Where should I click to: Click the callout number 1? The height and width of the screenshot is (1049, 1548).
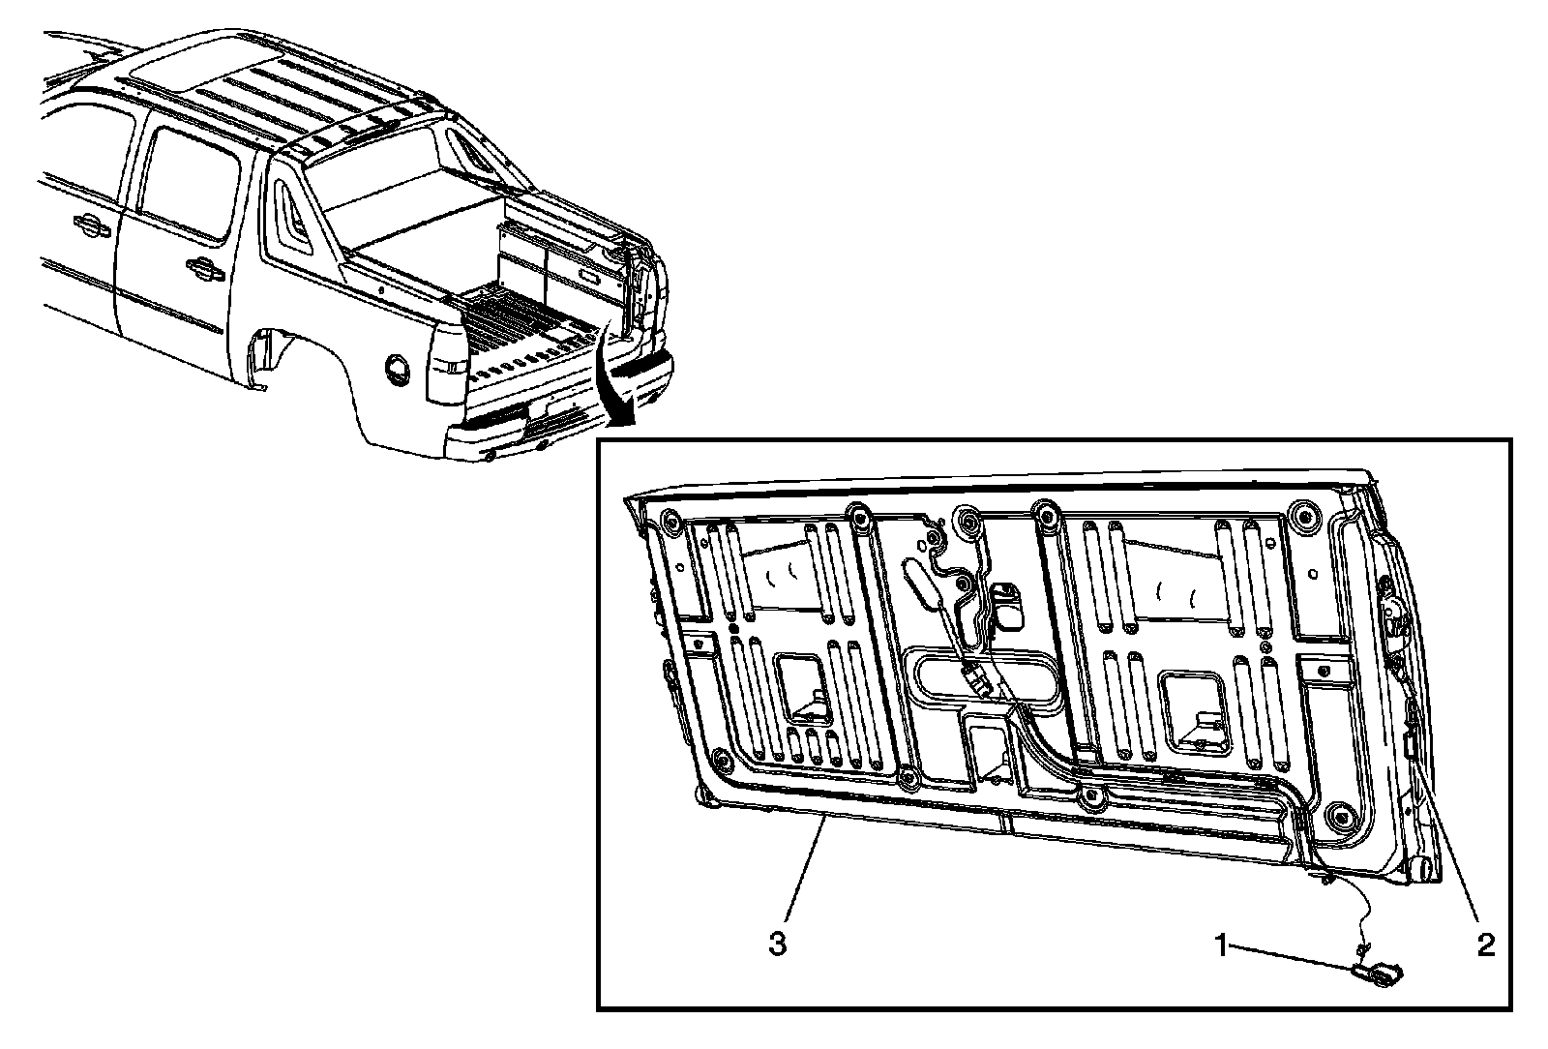[x=1223, y=944]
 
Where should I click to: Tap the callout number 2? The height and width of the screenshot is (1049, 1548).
[x=1485, y=944]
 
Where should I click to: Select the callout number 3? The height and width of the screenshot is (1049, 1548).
[x=777, y=944]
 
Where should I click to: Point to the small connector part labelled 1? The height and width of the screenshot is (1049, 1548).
[x=1379, y=974]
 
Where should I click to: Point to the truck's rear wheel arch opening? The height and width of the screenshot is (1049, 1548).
[x=266, y=358]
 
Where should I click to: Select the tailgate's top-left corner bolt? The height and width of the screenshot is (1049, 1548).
[x=668, y=524]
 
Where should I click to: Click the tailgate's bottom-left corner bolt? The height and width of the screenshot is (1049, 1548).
[x=717, y=756]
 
